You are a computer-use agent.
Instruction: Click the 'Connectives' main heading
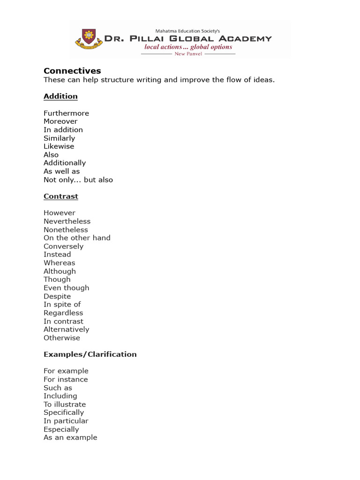click(x=72, y=71)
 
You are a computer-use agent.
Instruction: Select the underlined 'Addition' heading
click(x=60, y=96)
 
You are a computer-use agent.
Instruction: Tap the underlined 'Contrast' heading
click(x=61, y=196)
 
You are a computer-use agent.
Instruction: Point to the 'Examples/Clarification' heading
click(x=90, y=354)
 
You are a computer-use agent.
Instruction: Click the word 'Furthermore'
click(x=66, y=113)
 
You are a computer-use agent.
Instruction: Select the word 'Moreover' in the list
click(x=60, y=121)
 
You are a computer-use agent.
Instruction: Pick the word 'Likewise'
click(x=59, y=146)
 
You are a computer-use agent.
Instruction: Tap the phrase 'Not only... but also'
click(x=78, y=180)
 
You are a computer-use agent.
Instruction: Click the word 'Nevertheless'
click(x=67, y=221)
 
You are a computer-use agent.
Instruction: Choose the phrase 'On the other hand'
click(x=77, y=238)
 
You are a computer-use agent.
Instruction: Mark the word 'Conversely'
click(x=63, y=246)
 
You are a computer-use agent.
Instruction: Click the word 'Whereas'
click(x=59, y=263)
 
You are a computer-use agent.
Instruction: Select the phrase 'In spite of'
click(x=62, y=304)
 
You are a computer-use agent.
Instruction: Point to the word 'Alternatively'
click(x=66, y=330)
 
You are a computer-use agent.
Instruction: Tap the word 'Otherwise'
click(x=62, y=337)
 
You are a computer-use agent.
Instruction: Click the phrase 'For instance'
click(x=66, y=379)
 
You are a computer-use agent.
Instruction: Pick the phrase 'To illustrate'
click(x=65, y=404)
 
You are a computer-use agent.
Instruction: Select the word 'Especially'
click(x=61, y=429)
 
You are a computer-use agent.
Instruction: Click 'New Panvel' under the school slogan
click(x=188, y=54)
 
